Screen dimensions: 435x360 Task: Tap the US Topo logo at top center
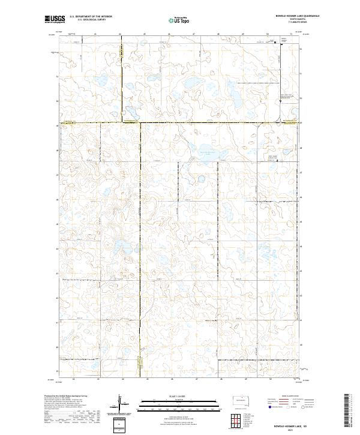click(178, 20)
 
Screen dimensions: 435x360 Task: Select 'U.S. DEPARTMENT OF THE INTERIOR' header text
click(91, 17)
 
